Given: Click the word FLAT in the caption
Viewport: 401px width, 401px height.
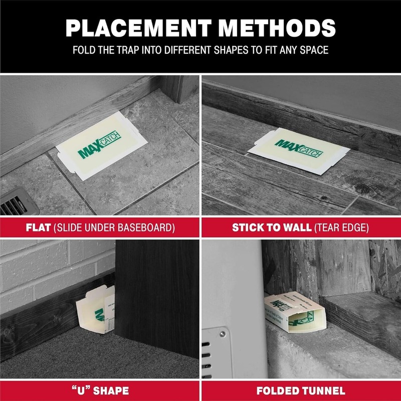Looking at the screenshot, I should click(38, 228).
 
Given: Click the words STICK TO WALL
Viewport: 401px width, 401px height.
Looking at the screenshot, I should click(272, 228).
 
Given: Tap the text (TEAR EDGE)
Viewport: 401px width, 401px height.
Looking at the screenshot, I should click(341, 228).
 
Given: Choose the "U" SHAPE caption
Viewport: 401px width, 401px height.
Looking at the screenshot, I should click(99, 391).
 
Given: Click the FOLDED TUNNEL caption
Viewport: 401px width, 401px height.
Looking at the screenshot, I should click(300, 391).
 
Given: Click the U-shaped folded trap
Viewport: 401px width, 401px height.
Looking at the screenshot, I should click(95, 313).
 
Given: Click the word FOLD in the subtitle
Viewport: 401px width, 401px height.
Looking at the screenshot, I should click(84, 51).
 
